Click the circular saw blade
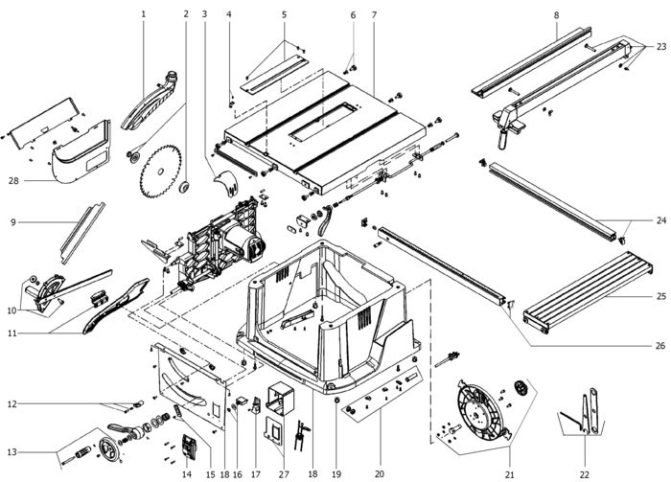[x=160, y=172]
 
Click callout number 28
[x=14, y=180]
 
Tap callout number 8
[x=556, y=15]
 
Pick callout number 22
[x=585, y=474]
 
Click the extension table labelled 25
[x=588, y=290]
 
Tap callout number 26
[x=661, y=345]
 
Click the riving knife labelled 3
[x=226, y=183]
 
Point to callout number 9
[x=13, y=222]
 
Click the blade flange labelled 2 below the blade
[x=184, y=187]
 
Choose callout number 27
[x=284, y=474]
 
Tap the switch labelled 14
[x=189, y=448]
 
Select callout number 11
[x=12, y=333]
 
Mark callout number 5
[x=284, y=14]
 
